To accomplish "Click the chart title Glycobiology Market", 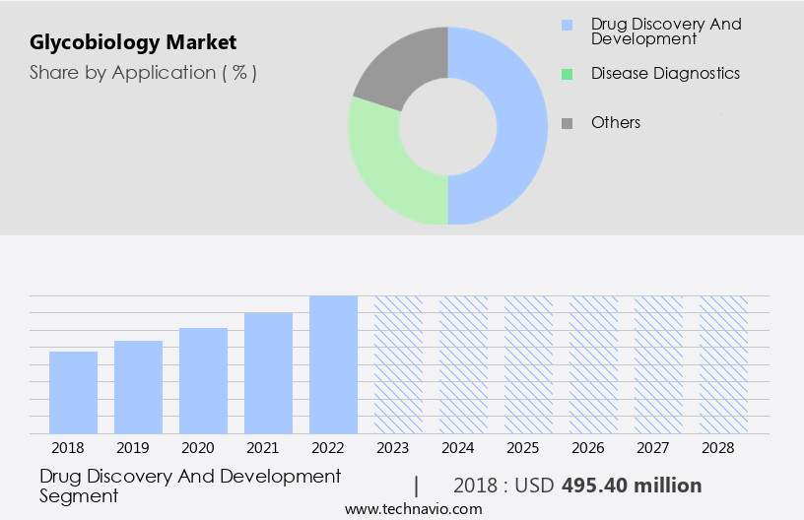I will [132, 43].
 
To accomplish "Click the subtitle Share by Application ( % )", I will [143, 73].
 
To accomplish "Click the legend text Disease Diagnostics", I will [665, 74].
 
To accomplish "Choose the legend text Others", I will [616, 123].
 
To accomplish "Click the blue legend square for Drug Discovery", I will [567, 25].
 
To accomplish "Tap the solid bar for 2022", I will [333, 364].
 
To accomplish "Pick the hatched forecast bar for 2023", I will [398, 364].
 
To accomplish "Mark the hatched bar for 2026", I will [593, 364].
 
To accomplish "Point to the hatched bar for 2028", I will [723, 364].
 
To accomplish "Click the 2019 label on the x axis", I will [132, 448].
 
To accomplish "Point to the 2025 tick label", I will [522, 448].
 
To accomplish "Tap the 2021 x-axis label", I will [262, 448].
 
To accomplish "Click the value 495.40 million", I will [632, 486].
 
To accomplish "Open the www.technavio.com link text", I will [413, 509].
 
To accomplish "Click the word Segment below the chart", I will [79, 496].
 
